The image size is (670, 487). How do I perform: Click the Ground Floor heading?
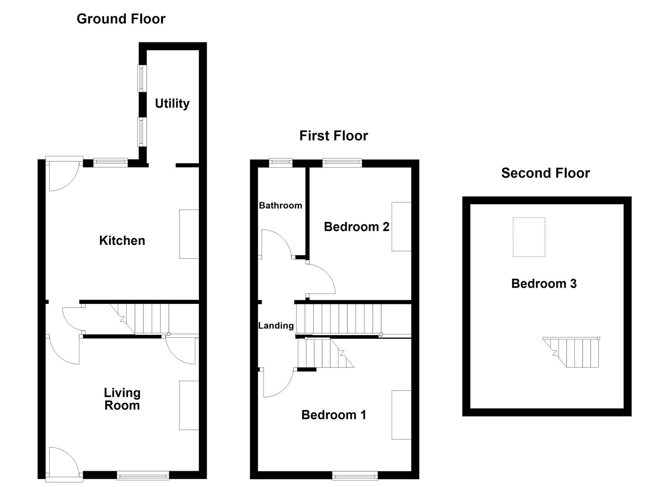121,19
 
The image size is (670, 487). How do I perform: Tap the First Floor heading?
333,136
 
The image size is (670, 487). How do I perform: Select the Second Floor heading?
545,173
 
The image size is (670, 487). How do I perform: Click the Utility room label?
172,104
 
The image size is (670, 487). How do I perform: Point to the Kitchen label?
122,241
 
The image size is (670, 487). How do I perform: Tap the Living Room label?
122,399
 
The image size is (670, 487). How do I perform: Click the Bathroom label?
280,206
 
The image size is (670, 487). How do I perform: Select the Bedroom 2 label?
356,227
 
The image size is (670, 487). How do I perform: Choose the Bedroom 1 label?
333,415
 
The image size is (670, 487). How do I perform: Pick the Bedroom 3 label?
544,284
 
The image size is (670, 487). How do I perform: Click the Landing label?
276,326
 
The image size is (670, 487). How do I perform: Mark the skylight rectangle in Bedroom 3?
529,237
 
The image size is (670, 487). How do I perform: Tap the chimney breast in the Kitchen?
189,234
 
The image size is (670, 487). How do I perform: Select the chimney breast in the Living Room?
189,405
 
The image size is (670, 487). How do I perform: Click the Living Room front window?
143,475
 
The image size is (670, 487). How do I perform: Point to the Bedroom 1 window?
355,475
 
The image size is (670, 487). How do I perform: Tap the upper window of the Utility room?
142,78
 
